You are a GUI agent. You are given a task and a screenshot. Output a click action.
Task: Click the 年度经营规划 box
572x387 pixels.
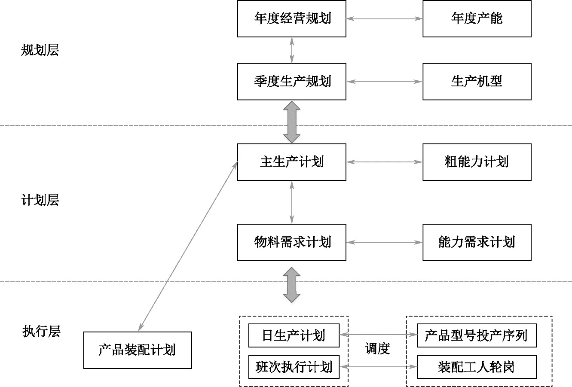pyautogui.click(x=292, y=18)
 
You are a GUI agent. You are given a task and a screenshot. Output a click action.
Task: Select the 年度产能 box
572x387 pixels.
pyautogui.click(x=477, y=18)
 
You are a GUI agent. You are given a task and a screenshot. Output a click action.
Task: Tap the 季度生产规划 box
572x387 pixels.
pyautogui.click(x=292, y=82)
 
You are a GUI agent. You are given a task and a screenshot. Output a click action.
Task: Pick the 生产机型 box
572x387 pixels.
pyautogui.click(x=477, y=82)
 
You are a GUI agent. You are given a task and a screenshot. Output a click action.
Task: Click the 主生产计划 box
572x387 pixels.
pyautogui.click(x=292, y=162)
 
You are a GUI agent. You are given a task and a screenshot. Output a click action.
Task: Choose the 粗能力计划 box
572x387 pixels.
pyautogui.click(x=477, y=162)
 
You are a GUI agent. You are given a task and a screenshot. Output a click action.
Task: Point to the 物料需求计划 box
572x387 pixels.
pyautogui.click(x=292, y=242)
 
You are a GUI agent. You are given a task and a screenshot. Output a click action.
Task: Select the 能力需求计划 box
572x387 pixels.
pyautogui.click(x=477, y=242)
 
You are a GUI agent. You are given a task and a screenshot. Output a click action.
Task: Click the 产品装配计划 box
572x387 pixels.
pyautogui.click(x=138, y=350)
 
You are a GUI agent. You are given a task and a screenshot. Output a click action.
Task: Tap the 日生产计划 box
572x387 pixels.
pyautogui.click(x=294, y=335)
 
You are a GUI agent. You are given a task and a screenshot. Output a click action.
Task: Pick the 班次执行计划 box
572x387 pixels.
pyautogui.click(x=294, y=367)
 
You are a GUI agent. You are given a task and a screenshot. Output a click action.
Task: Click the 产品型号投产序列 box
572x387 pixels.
pyautogui.click(x=477, y=335)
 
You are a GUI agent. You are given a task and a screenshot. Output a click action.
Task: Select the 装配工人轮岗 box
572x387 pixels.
pyautogui.click(x=477, y=367)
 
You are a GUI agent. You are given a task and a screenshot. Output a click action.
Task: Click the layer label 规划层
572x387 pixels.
pyautogui.click(x=40, y=51)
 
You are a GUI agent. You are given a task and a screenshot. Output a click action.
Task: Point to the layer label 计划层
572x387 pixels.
pyautogui.click(x=40, y=200)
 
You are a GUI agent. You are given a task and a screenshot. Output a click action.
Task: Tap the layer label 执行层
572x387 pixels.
pyautogui.click(x=41, y=331)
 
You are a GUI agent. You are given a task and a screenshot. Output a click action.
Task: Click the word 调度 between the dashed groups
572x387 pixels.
pyautogui.click(x=377, y=349)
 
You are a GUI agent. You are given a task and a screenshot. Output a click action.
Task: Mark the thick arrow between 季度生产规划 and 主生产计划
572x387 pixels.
pyautogui.click(x=292, y=122)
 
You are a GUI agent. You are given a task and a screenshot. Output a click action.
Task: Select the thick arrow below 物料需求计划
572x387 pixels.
pyautogui.click(x=292, y=284)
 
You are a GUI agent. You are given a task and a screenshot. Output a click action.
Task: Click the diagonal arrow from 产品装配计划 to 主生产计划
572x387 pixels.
pyautogui.click(x=188, y=247)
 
